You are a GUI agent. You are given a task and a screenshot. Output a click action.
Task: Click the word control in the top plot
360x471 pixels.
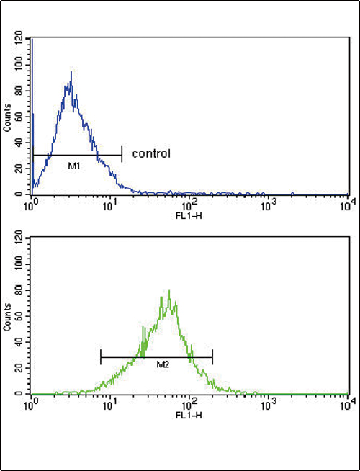[150, 153]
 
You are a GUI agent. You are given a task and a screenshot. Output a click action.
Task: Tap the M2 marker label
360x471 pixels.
[162, 365]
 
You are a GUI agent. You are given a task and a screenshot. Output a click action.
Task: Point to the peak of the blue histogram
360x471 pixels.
[71, 73]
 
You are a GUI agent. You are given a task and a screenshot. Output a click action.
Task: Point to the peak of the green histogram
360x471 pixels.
[169, 290]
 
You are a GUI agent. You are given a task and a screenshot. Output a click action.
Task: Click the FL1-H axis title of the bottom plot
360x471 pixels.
[190, 415]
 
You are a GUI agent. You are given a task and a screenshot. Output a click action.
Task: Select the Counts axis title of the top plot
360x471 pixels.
[8, 117]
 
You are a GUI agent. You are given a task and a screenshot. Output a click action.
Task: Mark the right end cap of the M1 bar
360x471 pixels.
[122, 155]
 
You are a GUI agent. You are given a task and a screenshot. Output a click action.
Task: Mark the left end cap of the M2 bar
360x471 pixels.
[101, 356]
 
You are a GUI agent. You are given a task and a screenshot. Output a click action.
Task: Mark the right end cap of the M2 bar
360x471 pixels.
[212, 356]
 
